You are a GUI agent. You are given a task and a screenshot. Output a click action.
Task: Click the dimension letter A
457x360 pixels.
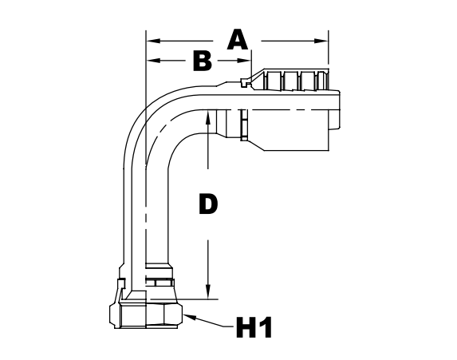tap(237, 39)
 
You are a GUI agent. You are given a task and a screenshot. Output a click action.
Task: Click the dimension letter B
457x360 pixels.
tap(203, 61)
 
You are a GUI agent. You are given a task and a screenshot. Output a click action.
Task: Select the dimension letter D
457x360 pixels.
tap(207, 204)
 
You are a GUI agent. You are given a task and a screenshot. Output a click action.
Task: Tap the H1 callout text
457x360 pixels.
tap(254, 327)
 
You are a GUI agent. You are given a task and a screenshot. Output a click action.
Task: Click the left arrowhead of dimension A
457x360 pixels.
tap(152, 39)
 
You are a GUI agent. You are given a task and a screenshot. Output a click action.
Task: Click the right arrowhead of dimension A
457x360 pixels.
tap(323, 39)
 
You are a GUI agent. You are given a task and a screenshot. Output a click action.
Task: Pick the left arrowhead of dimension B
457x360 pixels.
tap(152, 61)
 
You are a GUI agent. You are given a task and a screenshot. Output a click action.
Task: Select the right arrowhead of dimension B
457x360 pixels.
tap(246, 61)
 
